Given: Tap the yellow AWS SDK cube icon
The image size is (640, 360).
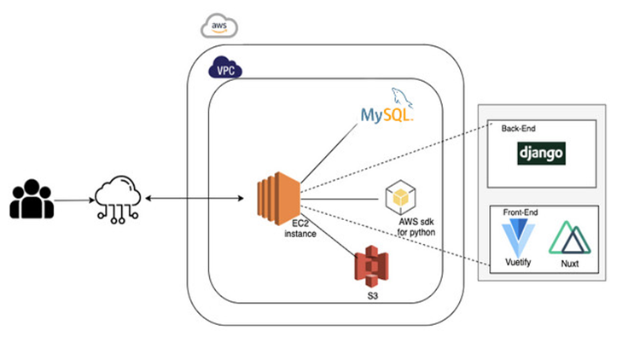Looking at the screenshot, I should coord(400,197).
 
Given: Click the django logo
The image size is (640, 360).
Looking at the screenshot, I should coord(542,154).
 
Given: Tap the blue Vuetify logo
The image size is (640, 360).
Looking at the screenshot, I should coord(516,235).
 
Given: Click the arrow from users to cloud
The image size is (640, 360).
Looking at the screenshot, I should coord(75,200).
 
